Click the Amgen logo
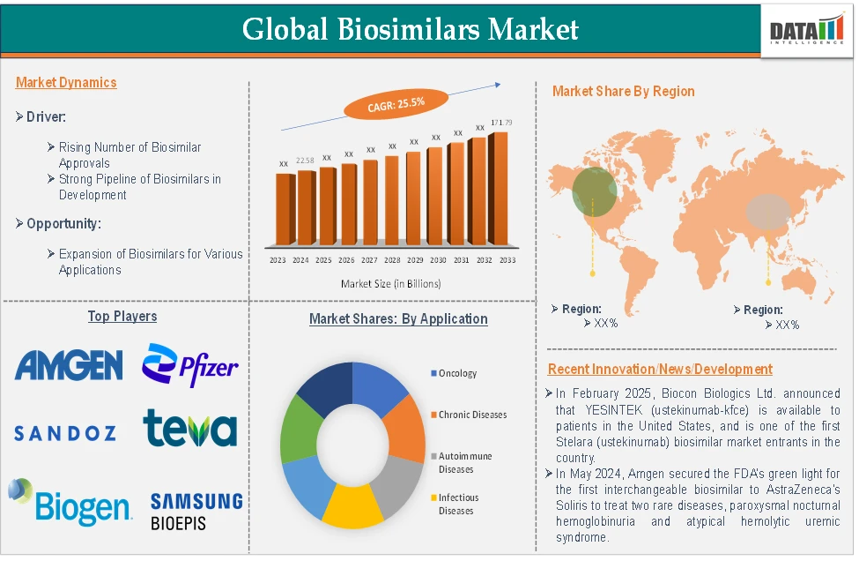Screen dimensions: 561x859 [x=69, y=364]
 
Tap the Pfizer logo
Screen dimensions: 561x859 [x=190, y=364]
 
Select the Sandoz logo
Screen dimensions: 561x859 [x=65, y=433]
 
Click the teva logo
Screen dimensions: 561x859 [x=190, y=428]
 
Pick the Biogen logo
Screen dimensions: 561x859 [x=70, y=502]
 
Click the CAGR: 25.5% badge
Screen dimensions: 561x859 [x=396, y=104]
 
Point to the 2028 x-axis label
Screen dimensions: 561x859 [x=392, y=260]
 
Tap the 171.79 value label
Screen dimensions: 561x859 [x=502, y=122]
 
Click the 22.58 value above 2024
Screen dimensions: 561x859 [x=305, y=161]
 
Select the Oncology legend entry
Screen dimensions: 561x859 [x=457, y=373]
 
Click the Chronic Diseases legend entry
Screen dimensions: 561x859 [x=472, y=415]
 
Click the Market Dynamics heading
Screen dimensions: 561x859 [x=66, y=83]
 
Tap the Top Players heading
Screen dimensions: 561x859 [x=122, y=316]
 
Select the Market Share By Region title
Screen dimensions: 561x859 [x=623, y=91]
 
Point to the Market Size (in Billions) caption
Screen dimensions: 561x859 [x=390, y=284]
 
